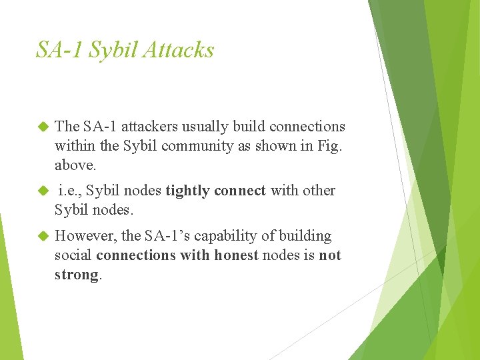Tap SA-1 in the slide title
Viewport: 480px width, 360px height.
(x=60, y=50)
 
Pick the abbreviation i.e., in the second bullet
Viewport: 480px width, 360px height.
(x=69, y=191)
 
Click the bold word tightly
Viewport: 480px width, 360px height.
(x=188, y=191)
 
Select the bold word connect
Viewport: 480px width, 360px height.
(x=240, y=191)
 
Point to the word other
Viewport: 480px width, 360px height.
(x=319, y=191)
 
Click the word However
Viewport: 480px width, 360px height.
(x=83, y=236)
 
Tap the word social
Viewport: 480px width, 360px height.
(x=73, y=255)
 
